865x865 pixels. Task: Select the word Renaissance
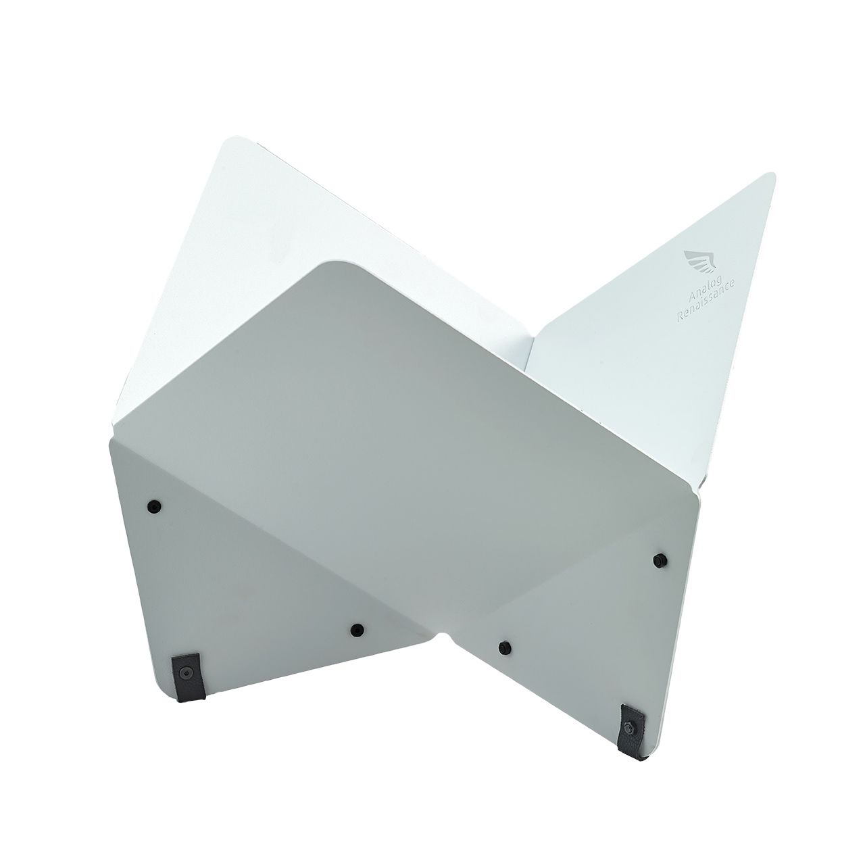coord(706,301)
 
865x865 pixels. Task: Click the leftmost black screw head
coord(154,506)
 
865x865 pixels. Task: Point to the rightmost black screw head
coord(660,560)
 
